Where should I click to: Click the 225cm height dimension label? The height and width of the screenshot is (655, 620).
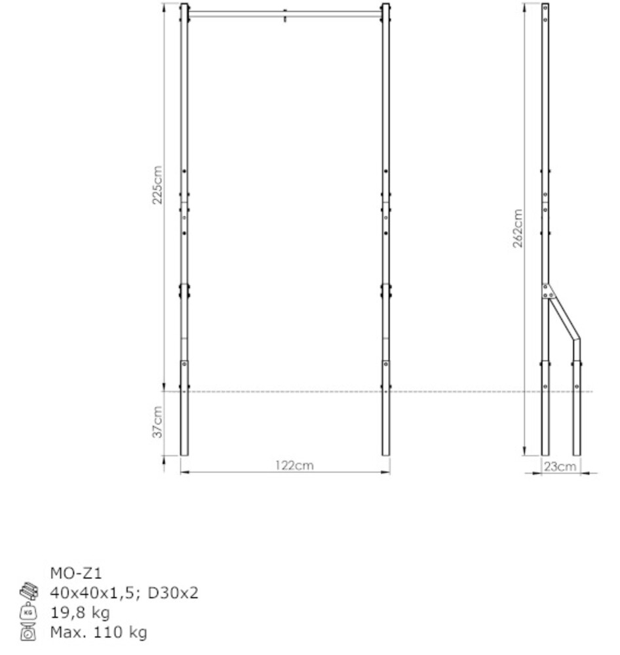click(157, 185)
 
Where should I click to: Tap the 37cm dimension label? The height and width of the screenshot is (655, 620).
click(157, 422)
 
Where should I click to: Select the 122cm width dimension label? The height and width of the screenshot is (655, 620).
click(294, 465)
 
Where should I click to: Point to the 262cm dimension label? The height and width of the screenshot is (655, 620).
click(518, 229)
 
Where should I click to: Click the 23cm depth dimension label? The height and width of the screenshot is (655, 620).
click(560, 466)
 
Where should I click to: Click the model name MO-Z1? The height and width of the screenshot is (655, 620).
click(75, 574)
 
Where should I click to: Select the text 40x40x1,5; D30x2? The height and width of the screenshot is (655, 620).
click(124, 593)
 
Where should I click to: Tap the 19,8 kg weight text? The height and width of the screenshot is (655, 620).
click(80, 613)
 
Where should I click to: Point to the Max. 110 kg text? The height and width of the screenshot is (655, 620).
click(99, 633)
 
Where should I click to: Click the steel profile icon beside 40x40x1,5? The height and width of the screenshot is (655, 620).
click(29, 591)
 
